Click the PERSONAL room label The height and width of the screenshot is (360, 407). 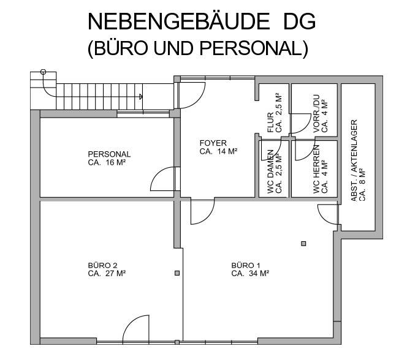pos(109,154)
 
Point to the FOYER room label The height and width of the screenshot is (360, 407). pos(213,144)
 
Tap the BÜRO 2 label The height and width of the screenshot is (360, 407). pos(102,266)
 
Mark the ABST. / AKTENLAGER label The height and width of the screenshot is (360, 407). pos(354,160)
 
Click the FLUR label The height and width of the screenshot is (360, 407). pos(270,122)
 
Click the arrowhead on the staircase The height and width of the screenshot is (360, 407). pos(140,96)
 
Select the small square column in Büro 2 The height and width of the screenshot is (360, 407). pos(177,273)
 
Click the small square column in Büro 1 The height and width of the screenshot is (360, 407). pos(303,244)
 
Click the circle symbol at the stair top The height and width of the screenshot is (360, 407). pos(43,72)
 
